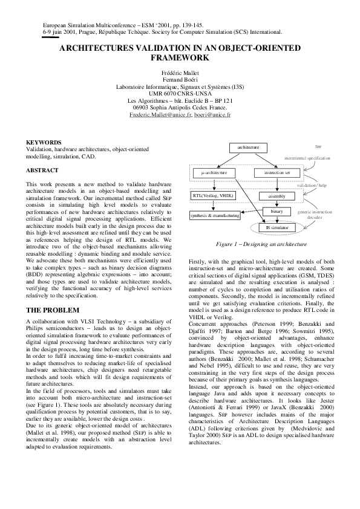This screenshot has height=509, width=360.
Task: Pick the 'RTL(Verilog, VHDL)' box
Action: coord(212,196)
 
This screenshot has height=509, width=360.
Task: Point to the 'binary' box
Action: coord(277,212)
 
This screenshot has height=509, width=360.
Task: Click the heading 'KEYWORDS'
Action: coord(44,142)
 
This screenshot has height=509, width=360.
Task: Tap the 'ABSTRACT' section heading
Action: coord(42,170)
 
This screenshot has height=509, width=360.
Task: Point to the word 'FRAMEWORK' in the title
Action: coord(180,58)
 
